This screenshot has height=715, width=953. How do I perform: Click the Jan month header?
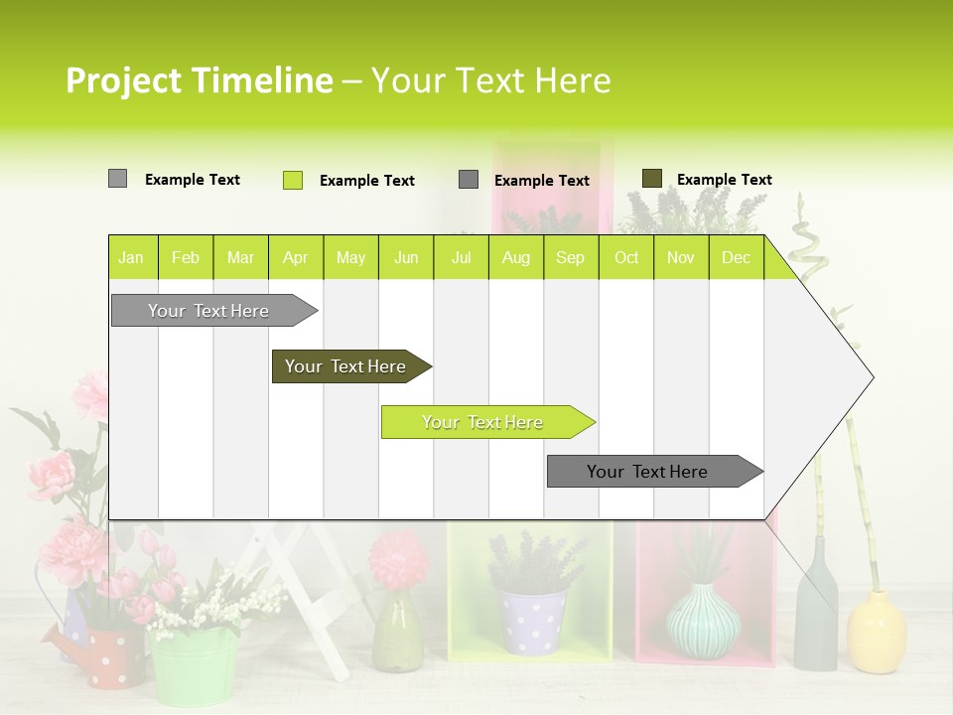pos(131,258)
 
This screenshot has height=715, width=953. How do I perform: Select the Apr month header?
pos(295,258)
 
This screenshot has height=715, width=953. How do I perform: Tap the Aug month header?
pos(515,258)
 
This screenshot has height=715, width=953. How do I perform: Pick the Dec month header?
pos(736,258)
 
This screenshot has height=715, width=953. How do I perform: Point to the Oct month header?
pos(625,258)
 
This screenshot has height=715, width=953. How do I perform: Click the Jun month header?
pos(405,258)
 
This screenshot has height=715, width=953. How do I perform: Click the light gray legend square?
pos(117,179)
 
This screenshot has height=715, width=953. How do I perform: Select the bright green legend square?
pos(292,180)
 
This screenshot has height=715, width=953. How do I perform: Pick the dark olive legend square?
pos(651,179)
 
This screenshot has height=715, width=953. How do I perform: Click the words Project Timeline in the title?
pos(199,80)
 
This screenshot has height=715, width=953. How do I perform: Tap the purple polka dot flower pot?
pos(531,620)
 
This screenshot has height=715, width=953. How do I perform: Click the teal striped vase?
pos(703,621)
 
